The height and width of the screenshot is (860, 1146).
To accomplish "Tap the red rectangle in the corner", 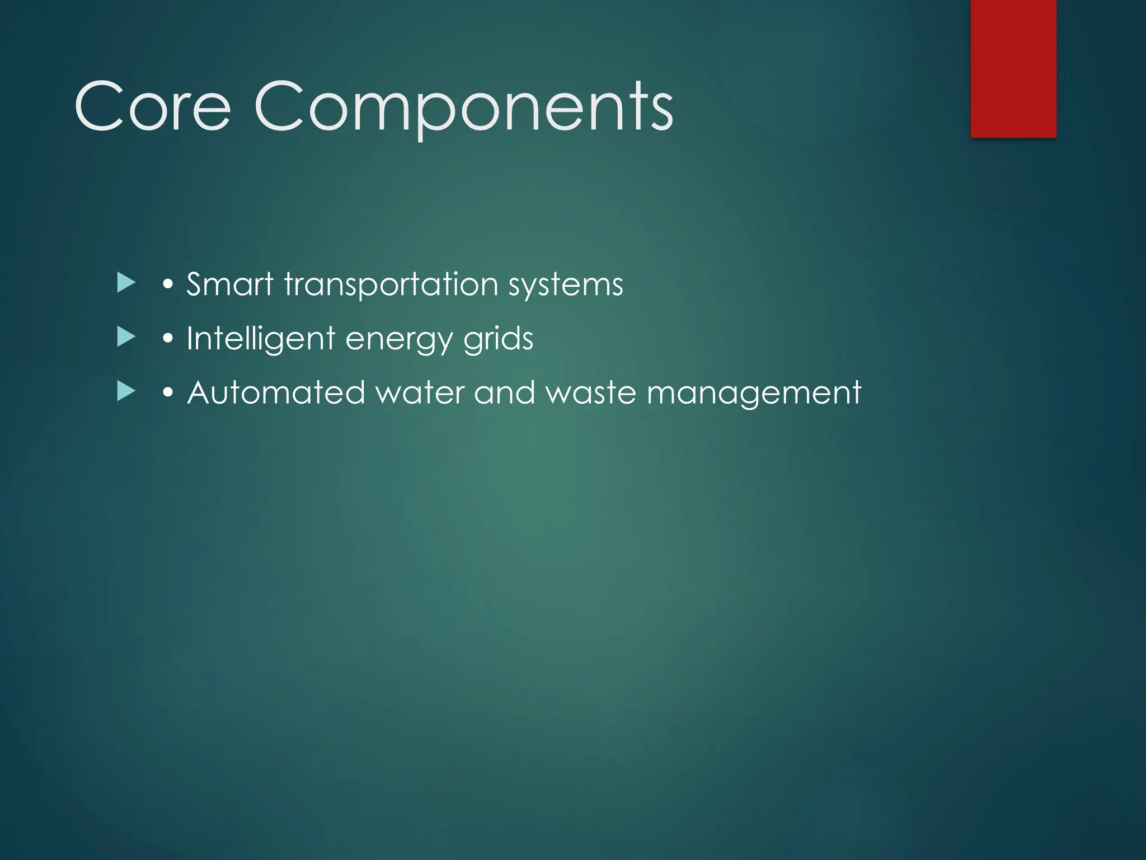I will (x=1013, y=68).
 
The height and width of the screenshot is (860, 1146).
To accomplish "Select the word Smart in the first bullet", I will (x=229, y=284).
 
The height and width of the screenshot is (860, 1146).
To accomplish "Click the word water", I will (x=420, y=392).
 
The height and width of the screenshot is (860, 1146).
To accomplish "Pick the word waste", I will (x=591, y=392).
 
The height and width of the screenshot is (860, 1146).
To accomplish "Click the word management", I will (x=754, y=394).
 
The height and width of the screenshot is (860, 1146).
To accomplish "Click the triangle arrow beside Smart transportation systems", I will (x=126, y=283).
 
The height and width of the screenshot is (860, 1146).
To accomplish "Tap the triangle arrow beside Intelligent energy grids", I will (x=126, y=337).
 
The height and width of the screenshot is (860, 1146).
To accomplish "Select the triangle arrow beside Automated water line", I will (x=126, y=391).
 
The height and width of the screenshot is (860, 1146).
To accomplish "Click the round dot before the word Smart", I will (x=167, y=285).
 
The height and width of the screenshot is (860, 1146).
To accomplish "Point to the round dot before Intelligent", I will (x=167, y=339).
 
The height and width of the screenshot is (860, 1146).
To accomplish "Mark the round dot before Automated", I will (x=167, y=393).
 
